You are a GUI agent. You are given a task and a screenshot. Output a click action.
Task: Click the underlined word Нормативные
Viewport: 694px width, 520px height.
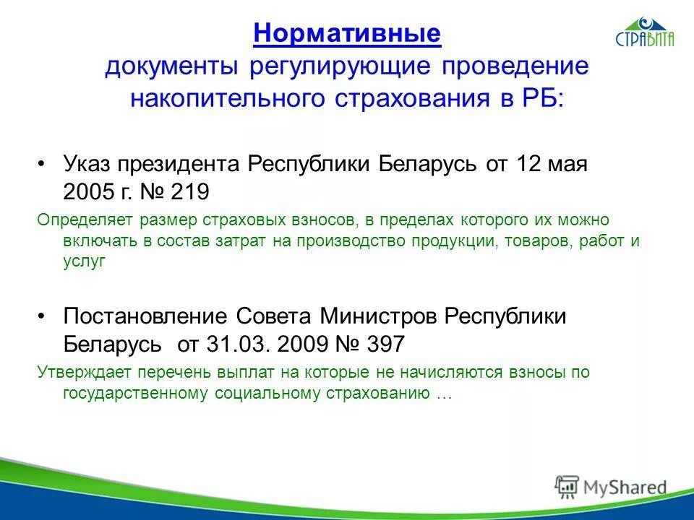(347, 33)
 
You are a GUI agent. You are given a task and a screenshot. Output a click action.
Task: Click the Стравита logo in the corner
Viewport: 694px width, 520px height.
(645, 33)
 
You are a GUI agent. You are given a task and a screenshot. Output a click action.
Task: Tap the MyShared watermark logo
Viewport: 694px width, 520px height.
(611, 487)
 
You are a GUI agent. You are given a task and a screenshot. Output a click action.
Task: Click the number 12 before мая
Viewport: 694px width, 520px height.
(529, 163)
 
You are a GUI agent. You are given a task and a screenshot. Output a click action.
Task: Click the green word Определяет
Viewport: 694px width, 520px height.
(77, 220)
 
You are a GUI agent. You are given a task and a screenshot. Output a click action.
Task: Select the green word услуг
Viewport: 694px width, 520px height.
(84, 263)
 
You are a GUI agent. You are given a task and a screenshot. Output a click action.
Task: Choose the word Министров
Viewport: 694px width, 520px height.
(380, 316)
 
